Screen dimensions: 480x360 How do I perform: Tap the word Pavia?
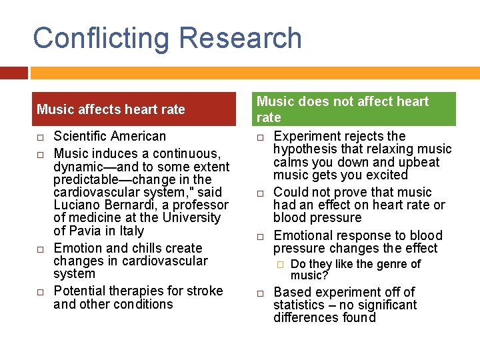click(x=85, y=231)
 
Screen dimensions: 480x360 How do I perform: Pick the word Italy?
click(x=131, y=231)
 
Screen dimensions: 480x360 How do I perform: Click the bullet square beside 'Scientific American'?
click(x=41, y=137)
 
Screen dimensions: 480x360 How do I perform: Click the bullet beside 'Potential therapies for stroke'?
click(x=41, y=291)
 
